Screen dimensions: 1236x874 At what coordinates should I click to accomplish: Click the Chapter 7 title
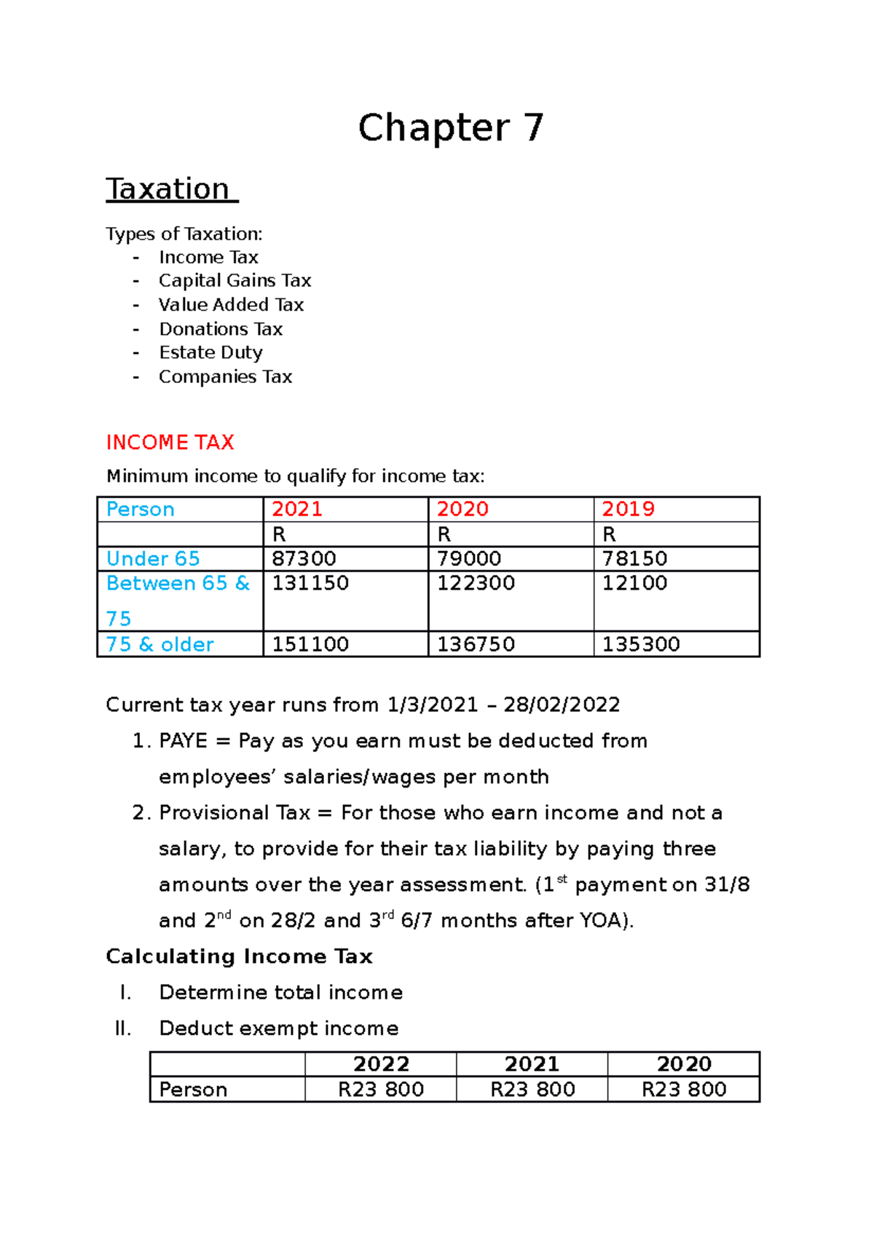point(451,128)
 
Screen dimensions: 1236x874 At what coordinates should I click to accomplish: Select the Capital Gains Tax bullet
point(235,281)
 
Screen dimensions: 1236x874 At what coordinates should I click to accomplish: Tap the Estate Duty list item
point(210,353)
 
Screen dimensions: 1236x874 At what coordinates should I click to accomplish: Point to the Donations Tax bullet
point(221,329)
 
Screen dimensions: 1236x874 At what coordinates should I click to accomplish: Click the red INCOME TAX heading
point(170,443)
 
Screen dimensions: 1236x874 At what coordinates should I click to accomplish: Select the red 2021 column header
point(297,509)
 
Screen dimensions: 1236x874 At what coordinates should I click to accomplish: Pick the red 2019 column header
point(628,509)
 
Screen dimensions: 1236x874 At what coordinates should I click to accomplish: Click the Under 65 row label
point(153,558)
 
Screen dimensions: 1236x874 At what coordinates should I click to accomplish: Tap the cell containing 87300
point(304,558)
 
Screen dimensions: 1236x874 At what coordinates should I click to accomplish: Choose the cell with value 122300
point(476,583)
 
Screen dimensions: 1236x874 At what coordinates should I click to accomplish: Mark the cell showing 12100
point(634,583)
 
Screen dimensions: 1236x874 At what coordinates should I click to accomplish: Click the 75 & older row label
point(160,644)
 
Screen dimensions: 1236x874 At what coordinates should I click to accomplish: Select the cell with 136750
point(476,644)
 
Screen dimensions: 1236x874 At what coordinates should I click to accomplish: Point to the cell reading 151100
point(310,644)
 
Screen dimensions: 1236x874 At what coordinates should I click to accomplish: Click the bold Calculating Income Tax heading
point(239,956)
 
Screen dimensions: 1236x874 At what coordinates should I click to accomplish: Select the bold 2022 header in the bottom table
point(381,1064)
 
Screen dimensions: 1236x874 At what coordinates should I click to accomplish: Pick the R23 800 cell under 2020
point(684,1090)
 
